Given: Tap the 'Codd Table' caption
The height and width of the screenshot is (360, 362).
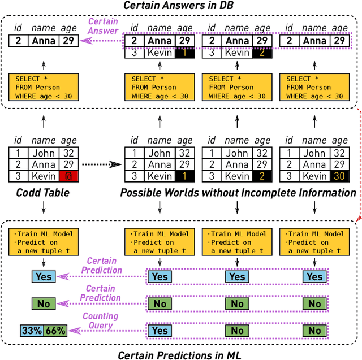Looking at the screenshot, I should coord(43,193).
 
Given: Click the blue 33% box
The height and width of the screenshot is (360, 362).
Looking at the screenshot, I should coord(32,331).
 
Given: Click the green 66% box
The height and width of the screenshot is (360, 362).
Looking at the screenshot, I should coord(55,331).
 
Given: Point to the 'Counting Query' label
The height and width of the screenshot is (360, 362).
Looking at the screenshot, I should coord(100,321).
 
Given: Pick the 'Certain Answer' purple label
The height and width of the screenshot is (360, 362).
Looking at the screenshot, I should coord(103,26).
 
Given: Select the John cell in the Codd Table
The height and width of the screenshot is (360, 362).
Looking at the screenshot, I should coord(42,153).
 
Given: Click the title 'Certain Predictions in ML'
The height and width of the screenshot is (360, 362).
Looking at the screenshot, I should coord(179,354).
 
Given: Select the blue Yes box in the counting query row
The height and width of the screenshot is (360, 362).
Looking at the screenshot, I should coord(160,331).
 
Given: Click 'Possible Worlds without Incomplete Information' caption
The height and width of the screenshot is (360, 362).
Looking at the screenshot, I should coord(238,193).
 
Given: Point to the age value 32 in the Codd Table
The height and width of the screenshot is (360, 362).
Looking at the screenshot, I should coord(71,153).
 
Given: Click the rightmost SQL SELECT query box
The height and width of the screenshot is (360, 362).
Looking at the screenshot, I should coord(314,88).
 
